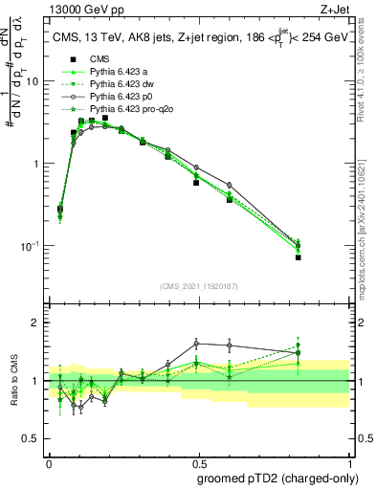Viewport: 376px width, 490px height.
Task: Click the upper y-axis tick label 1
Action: [x=36, y=164]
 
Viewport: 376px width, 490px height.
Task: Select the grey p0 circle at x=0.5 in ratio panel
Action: [x=196, y=343]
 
